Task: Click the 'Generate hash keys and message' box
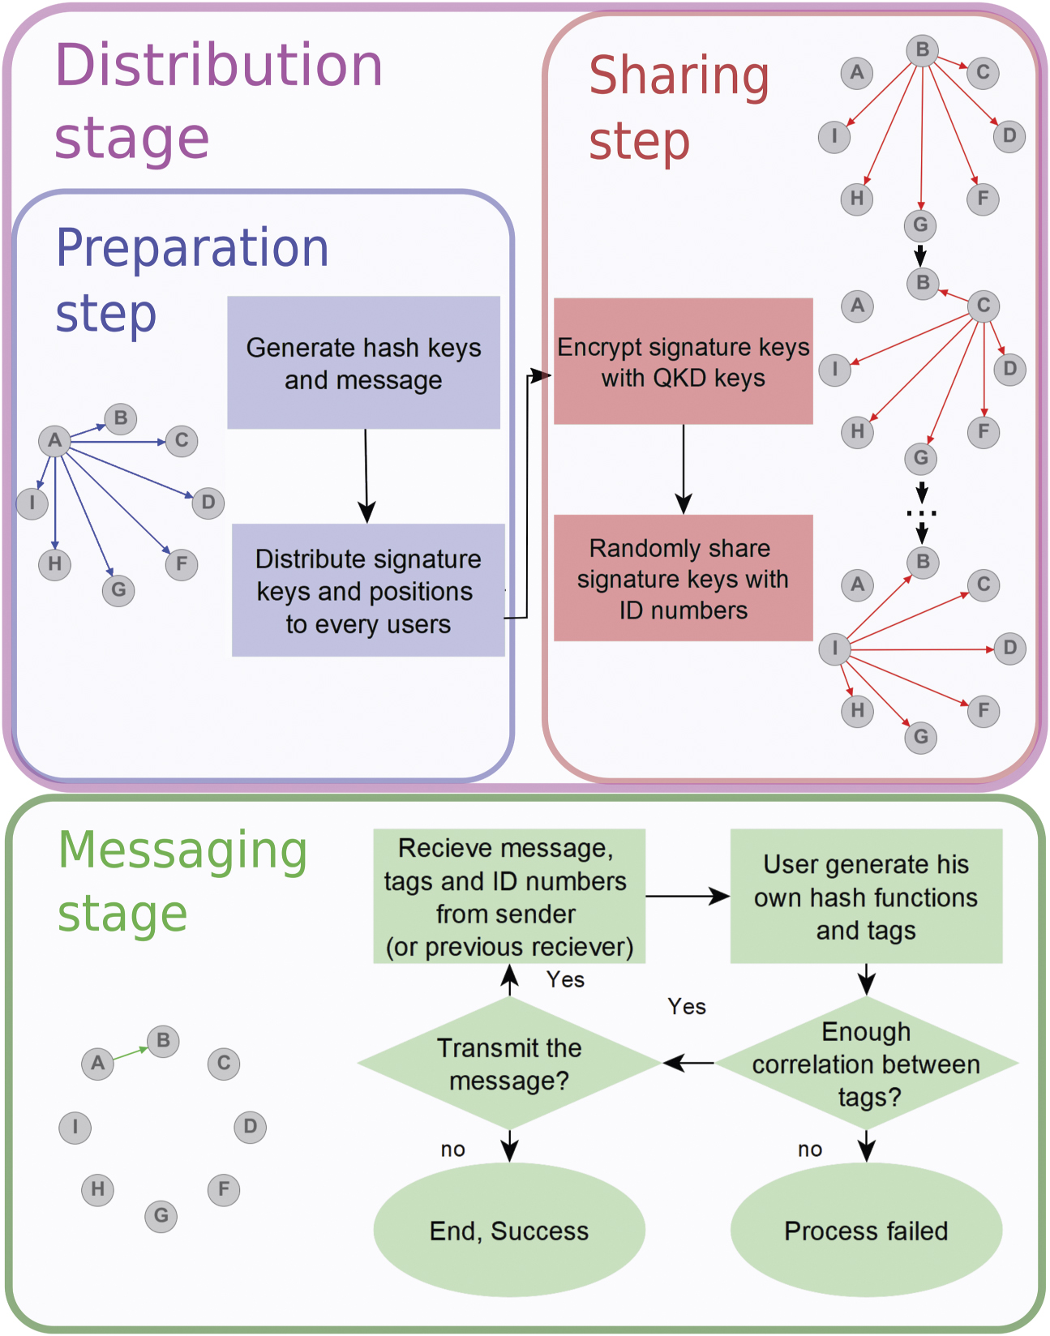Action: [x=363, y=362]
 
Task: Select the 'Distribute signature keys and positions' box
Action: [x=368, y=590]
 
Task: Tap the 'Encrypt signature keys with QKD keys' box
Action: [x=683, y=362]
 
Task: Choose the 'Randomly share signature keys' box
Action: [x=683, y=578]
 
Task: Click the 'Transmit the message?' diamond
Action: [x=509, y=1063]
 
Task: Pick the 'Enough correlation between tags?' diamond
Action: [x=866, y=1063]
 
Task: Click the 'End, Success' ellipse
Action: [x=509, y=1230]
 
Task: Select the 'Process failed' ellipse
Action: [x=866, y=1230]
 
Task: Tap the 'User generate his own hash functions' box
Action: [x=866, y=896]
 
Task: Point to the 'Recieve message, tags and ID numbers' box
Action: [x=509, y=896]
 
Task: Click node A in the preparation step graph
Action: [x=54, y=440]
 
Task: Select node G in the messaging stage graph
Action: [x=161, y=1215]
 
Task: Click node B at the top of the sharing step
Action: [x=922, y=49]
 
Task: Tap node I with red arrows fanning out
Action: [x=834, y=648]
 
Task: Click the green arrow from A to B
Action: [x=131, y=1053]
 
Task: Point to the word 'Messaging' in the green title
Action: [x=182, y=851]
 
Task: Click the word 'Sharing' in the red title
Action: [x=679, y=75]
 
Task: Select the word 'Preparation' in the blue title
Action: [x=192, y=247]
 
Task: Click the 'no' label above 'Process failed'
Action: [x=810, y=1149]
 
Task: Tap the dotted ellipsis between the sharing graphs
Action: [x=922, y=512]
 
